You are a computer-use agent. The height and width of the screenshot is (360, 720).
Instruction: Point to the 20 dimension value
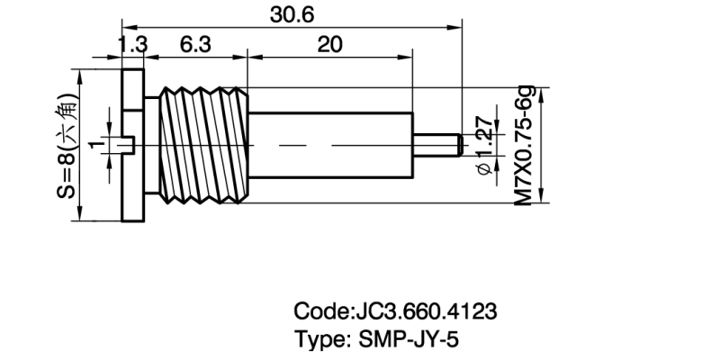pos(329,44)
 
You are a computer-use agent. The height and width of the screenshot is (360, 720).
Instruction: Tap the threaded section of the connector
pos(203,144)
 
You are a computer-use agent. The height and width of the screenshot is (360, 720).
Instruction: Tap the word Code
pos(319,311)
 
